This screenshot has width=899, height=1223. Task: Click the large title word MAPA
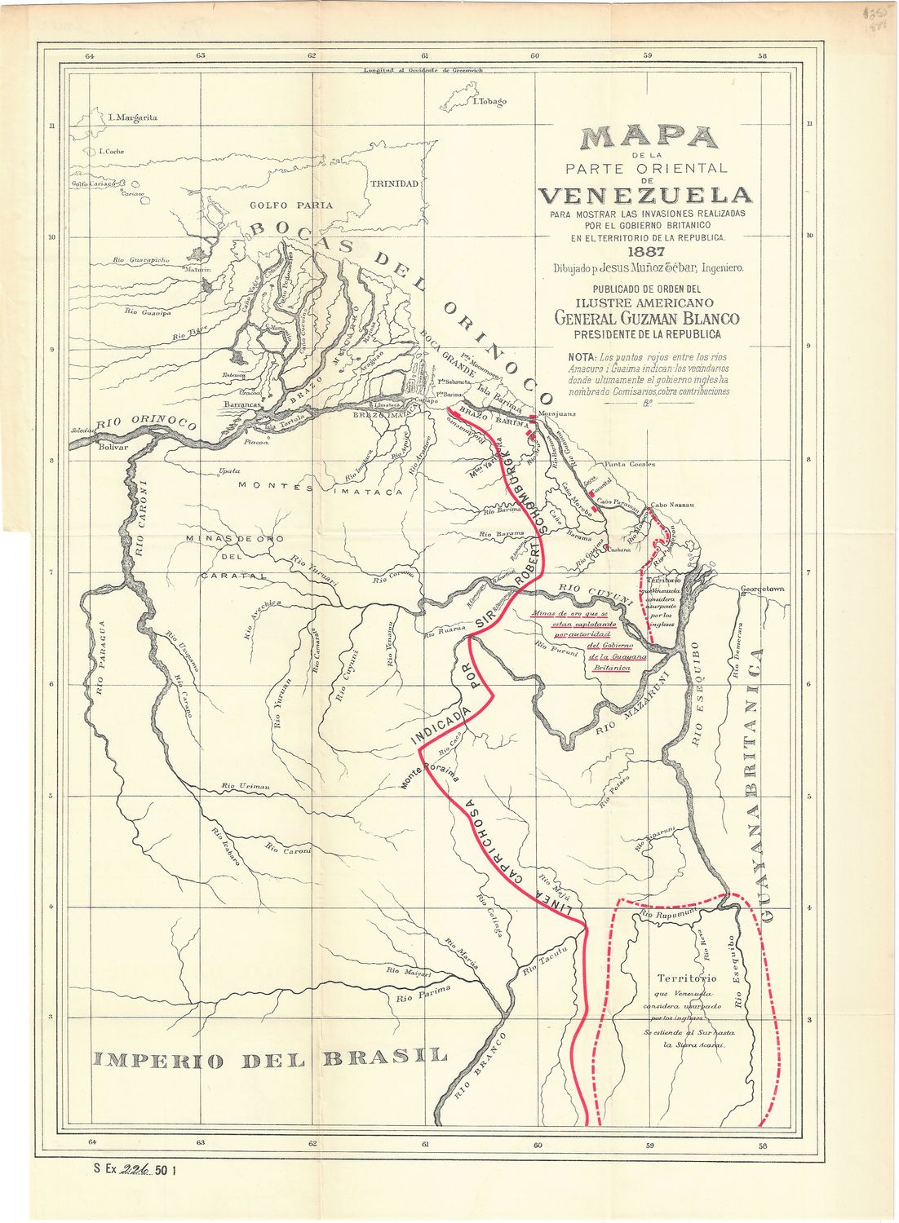(649, 138)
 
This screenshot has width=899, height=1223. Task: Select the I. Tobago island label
(489, 102)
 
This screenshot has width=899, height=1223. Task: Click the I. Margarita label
(132, 117)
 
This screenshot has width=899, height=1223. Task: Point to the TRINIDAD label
(395, 183)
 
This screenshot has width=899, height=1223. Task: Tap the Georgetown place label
(762, 589)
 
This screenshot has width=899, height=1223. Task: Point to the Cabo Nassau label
(672, 505)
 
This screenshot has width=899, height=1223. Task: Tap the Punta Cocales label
(630, 464)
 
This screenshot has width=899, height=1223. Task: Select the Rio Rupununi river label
(667, 916)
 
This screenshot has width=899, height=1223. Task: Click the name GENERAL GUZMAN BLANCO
(647, 319)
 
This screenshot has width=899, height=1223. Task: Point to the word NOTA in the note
(582, 357)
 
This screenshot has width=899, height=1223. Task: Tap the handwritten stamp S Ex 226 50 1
(135, 1170)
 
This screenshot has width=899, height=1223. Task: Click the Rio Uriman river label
(245, 786)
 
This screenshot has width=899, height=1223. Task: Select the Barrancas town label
(242, 404)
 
